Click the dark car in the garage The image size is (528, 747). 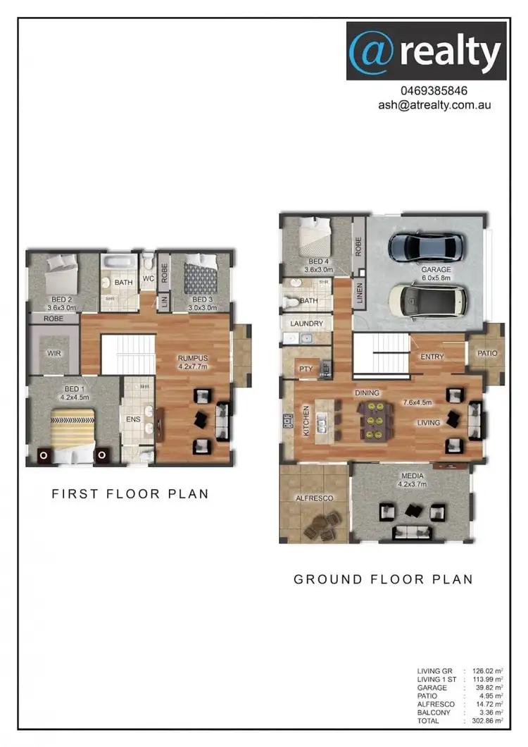pyautogui.click(x=427, y=247)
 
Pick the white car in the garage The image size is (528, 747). pyautogui.click(x=429, y=300)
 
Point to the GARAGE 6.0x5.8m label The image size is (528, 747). pyautogui.click(x=436, y=273)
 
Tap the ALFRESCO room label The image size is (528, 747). pyautogui.click(x=314, y=498)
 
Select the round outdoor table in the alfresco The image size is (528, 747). pyautogui.click(x=323, y=524)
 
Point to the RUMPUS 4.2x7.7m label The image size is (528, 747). pyautogui.click(x=193, y=362)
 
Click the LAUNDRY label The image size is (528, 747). pyautogui.click(x=306, y=323)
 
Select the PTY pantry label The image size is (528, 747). pyautogui.click(x=306, y=368)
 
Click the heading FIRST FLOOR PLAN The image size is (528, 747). pyautogui.click(x=130, y=493)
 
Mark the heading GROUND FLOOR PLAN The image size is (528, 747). pyautogui.click(x=383, y=579)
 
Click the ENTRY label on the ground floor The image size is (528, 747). pyautogui.click(x=432, y=357)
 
